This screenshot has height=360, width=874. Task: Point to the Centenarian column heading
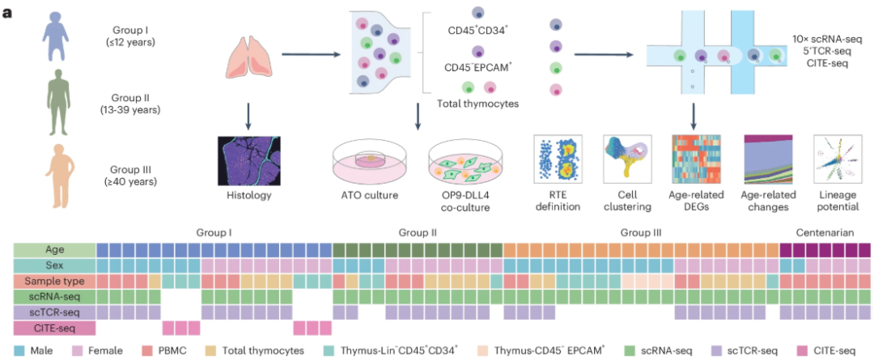click(825, 233)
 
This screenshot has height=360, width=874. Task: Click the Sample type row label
click(54, 281)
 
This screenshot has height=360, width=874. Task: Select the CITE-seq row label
click(54, 328)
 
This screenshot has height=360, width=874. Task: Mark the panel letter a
click(7, 11)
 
